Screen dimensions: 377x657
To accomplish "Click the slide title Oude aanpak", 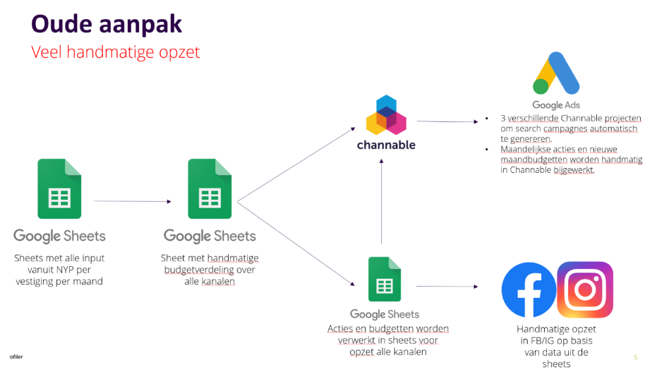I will coord(106,24).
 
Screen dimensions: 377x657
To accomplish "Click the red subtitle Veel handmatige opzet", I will coord(115,52).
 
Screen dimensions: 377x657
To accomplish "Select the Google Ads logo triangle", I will coord(557,73).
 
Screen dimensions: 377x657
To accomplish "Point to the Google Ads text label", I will coord(556,105).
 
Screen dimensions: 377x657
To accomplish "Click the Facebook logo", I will coord(528,290).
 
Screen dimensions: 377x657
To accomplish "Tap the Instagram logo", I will coord(584,289).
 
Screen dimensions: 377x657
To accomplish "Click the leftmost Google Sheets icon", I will coord(59,189).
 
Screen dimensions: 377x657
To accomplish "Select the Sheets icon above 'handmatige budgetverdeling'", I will coord(210,189).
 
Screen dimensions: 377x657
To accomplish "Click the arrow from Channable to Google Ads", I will coord(447,121).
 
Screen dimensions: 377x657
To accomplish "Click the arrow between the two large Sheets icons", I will coord(133,201).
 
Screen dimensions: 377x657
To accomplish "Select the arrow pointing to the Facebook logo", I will coord(447,286).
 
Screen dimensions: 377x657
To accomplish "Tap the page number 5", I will coord(635,357).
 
